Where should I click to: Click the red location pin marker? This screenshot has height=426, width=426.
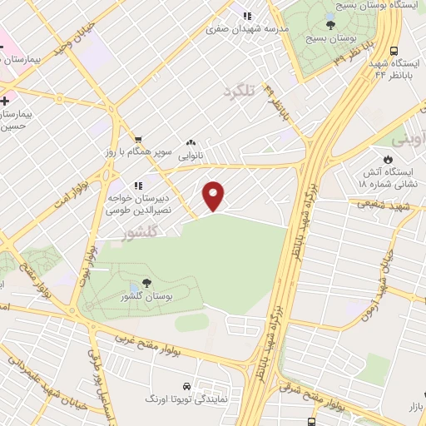tap(214, 196)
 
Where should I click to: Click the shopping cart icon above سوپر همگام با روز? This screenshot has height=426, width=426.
tap(137, 140)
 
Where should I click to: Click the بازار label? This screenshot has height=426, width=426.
tap(414, 405)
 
